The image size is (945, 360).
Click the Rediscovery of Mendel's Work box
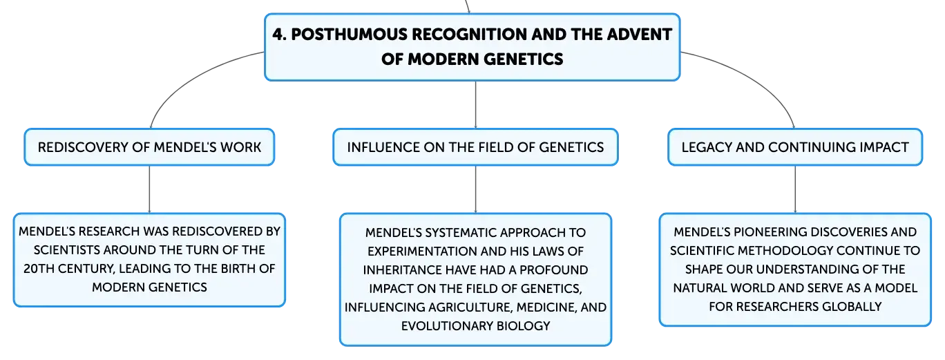point(149,147)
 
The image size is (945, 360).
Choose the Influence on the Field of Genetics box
point(475,147)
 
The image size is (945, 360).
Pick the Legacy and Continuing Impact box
point(795,147)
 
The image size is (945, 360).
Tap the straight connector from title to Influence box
point(475,104)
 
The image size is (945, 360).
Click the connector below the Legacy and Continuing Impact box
point(795,189)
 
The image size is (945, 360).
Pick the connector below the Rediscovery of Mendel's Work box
point(149,189)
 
